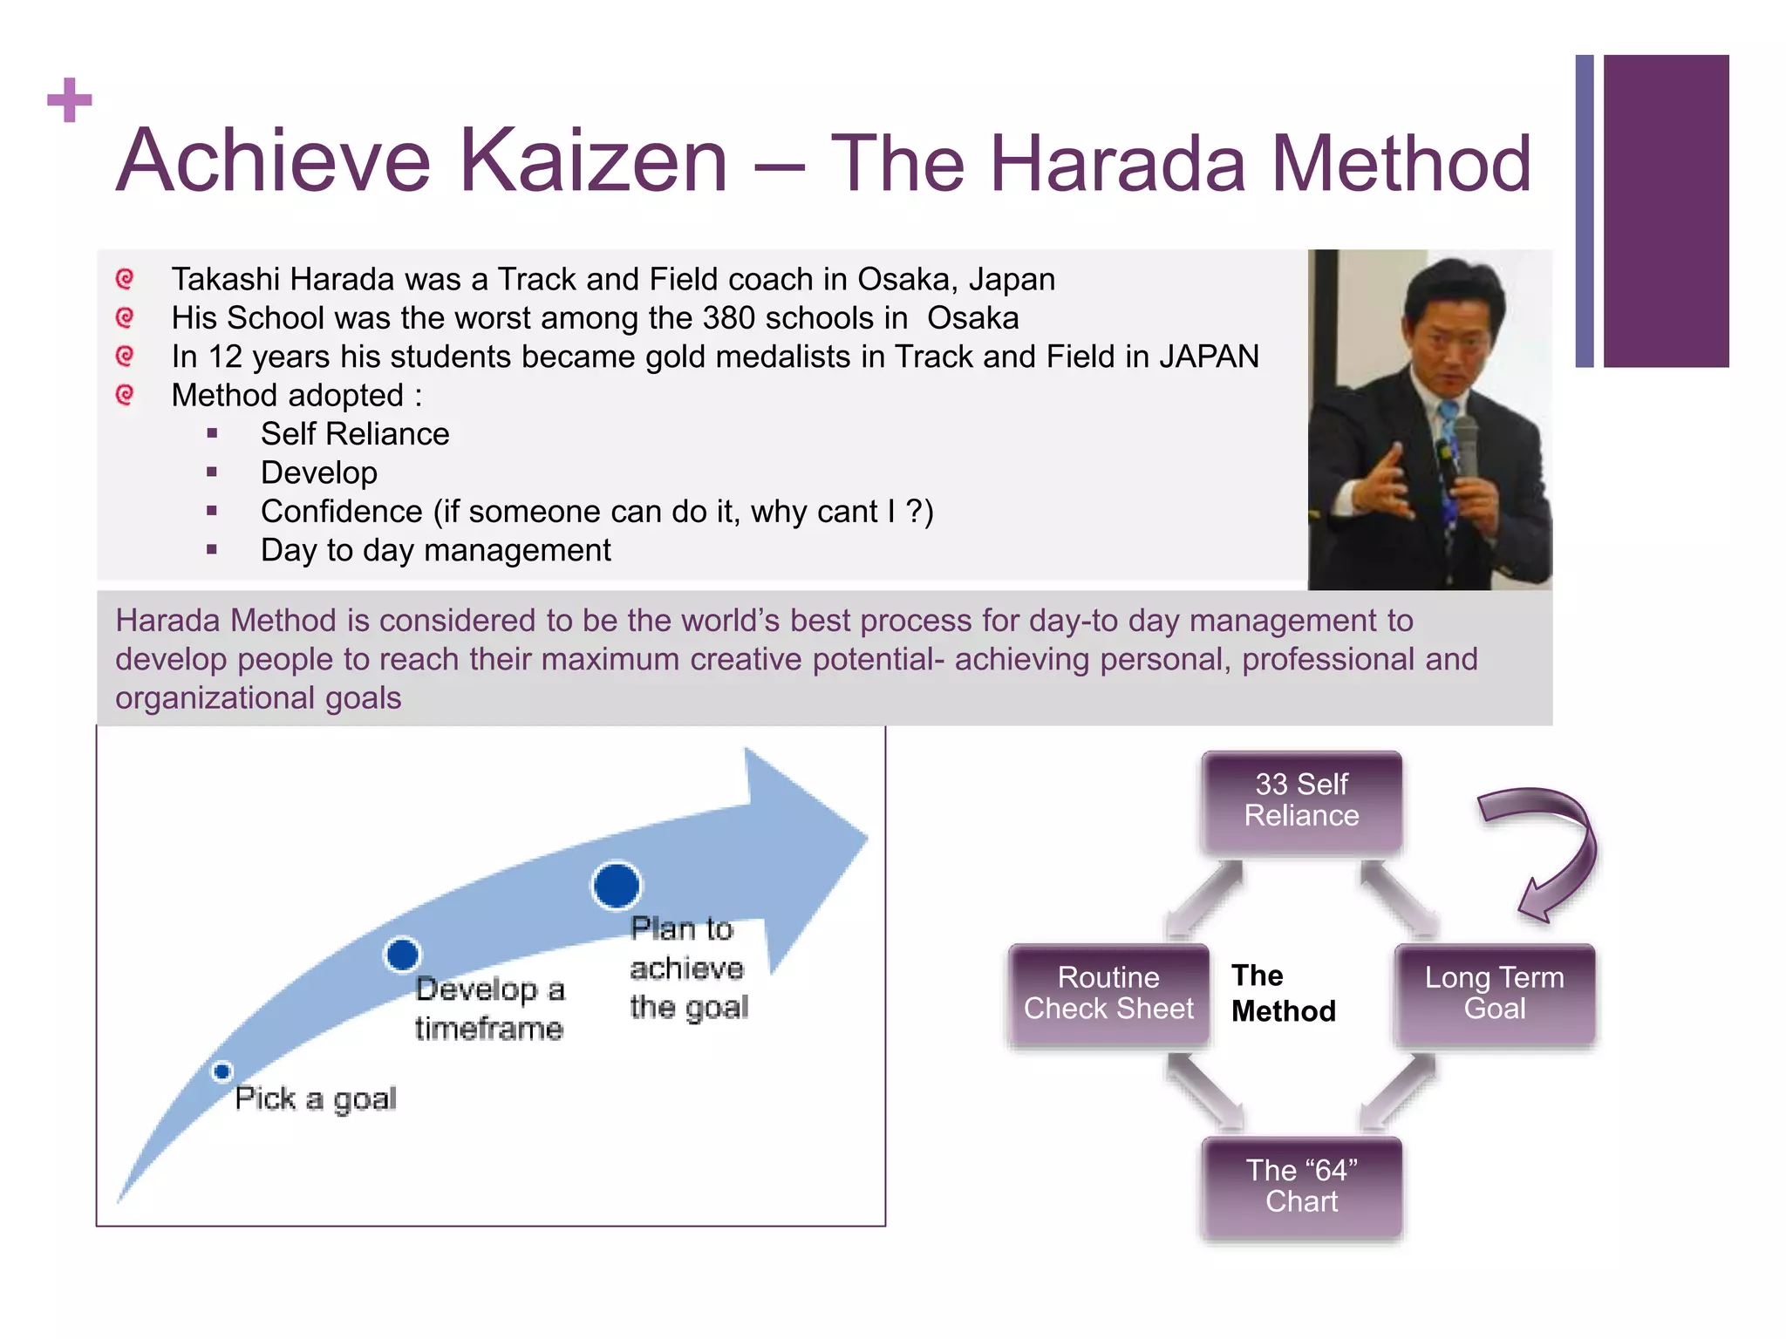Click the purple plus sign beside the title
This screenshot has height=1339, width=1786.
(x=70, y=100)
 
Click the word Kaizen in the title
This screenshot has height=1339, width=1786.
(x=593, y=161)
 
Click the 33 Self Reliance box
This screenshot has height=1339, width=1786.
(x=1301, y=800)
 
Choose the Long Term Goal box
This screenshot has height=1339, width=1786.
(x=1494, y=994)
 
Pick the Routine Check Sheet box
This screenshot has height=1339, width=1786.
(x=1108, y=994)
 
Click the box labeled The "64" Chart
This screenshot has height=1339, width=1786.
(x=1301, y=1186)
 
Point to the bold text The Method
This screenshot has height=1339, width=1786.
(x=1282, y=994)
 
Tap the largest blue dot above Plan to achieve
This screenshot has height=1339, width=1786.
(x=617, y=886)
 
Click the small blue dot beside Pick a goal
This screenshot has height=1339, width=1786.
(x=222, y=1071)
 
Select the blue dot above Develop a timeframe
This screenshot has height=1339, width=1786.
(x=402, y=955)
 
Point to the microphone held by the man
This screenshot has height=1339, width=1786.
(x=1466, y=445)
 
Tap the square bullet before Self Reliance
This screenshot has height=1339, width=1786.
(x=212, y=433)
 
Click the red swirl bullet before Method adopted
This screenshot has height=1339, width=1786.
(x=125, y=395)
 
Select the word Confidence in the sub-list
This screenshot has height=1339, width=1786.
(x=341, y=512)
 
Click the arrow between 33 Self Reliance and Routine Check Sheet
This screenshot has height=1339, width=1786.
(x=1205, y=898)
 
